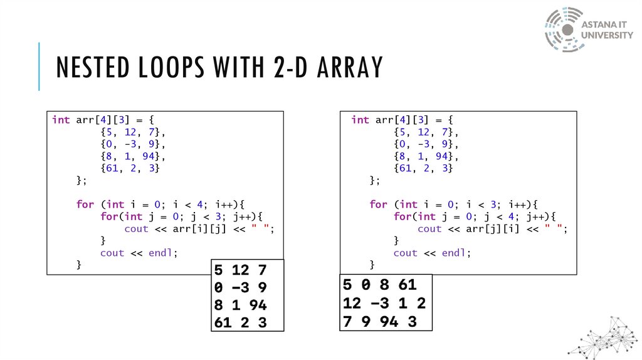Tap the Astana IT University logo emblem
(x=564, y=29)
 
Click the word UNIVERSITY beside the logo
(x=608, y=35)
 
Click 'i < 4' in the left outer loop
(x=181, y=204)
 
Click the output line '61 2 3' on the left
(x=241, y=323)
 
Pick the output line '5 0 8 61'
(x=379, y=285)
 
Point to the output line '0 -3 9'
(x=241, y=289)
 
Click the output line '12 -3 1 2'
(x=384, y=304)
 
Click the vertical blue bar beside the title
(x=39, y=66)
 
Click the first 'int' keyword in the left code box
(x=61, y=120)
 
